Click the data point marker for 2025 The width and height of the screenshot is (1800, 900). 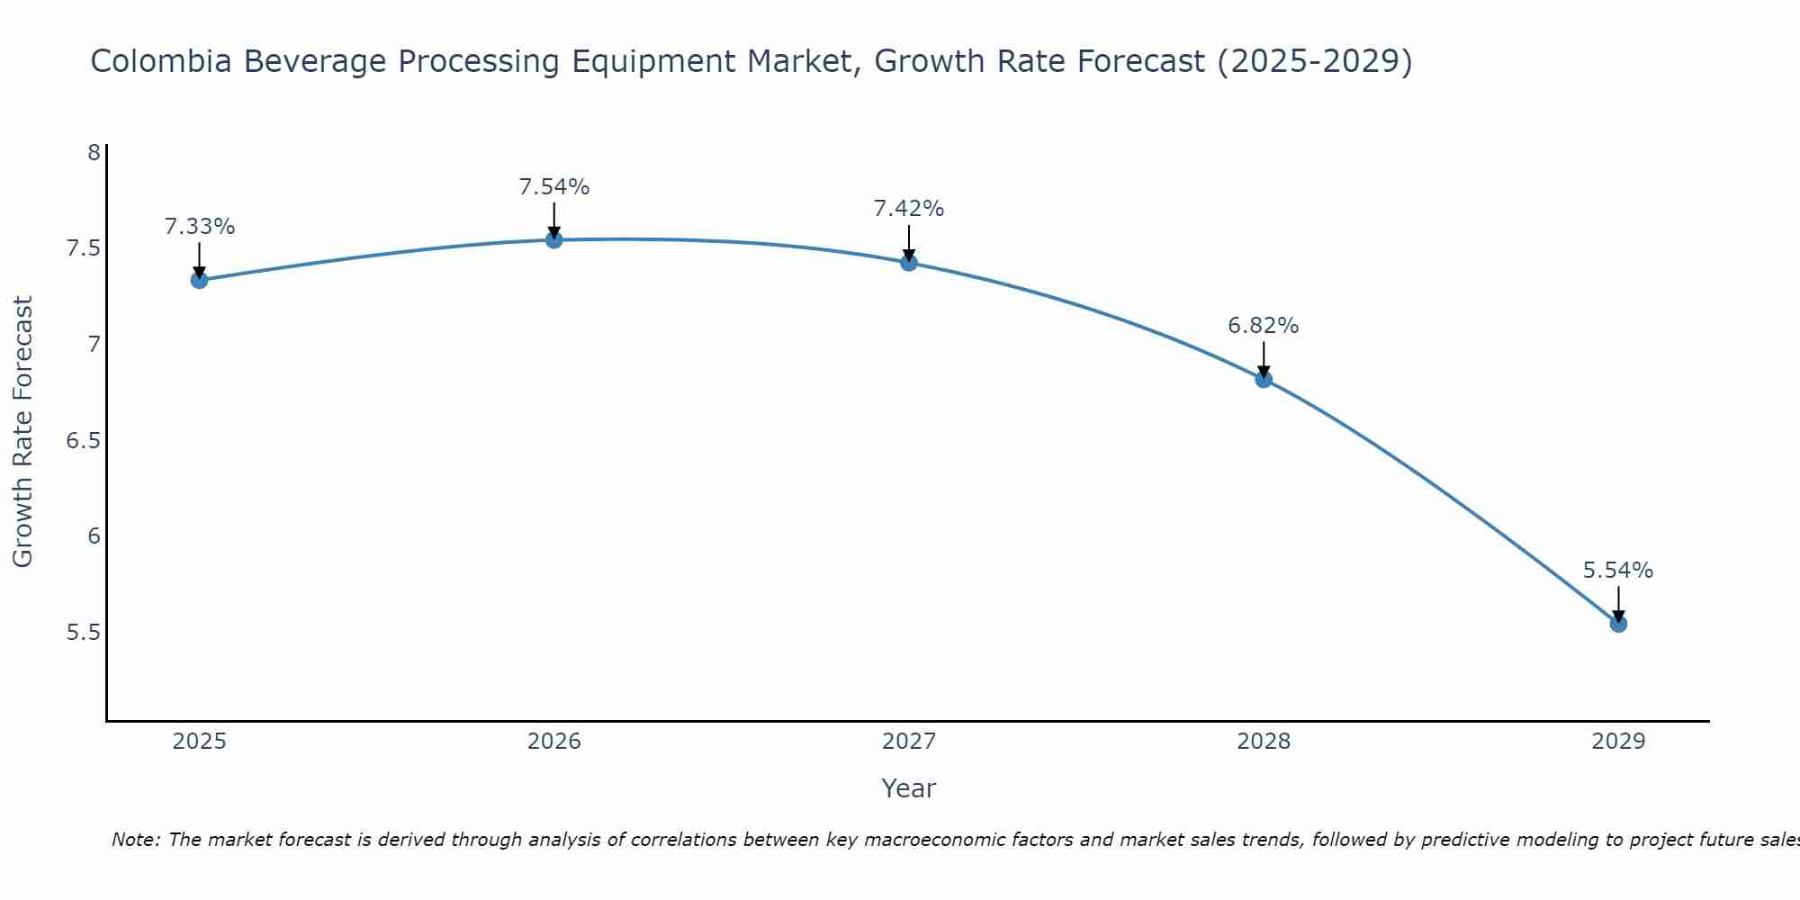pyautogui.click(x=199, y=280)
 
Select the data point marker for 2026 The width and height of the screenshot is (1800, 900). pyautogui.click(x=554, y=239)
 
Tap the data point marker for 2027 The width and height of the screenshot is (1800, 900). pyautogui.click(x=909, y=263)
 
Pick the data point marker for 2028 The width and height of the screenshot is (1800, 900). pyautogui.click(x=1264, y=379)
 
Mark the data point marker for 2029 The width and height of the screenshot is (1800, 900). pyautogui.click(x=1618, y=624)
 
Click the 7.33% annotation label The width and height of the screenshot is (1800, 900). pyautogui.click(x=199, y=227)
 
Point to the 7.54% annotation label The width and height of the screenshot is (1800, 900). pyautogui.click(x=554, y=187)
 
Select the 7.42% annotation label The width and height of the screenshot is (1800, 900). pyautogui.click(x=909, y=209)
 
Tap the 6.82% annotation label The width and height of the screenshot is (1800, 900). pyautogui.click(x=1264, y=326)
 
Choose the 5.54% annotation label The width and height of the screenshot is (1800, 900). pyautogui.click(x=1618, y=571)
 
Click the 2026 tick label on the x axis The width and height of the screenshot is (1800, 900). pyautogui.click(x=554, y=742)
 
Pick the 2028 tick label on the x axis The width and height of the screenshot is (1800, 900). pyautogui.click(x=1264, y=742)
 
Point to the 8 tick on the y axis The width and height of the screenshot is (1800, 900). pyautogui.click(x=94, y=152)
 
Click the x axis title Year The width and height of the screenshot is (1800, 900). pyautogui.click(x=909, y=788)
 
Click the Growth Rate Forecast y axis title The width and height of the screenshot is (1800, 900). pyautogui.click(x=22, y=432)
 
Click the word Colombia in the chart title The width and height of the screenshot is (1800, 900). pyautogui.click(x=162, y=61)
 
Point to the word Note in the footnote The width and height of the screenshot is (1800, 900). pyautogui.click(x=135, y=840)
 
